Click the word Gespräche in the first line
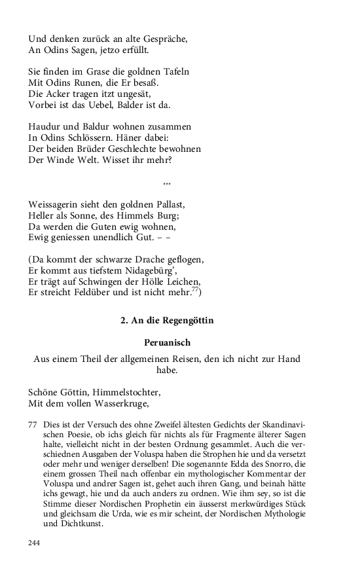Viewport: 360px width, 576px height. pyautogui.click(x=164, y=39)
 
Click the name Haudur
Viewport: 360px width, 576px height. pyautogui.click(x=46, y=126)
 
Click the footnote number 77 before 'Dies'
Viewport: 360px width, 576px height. pyautogui.click(x=33, y=425)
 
